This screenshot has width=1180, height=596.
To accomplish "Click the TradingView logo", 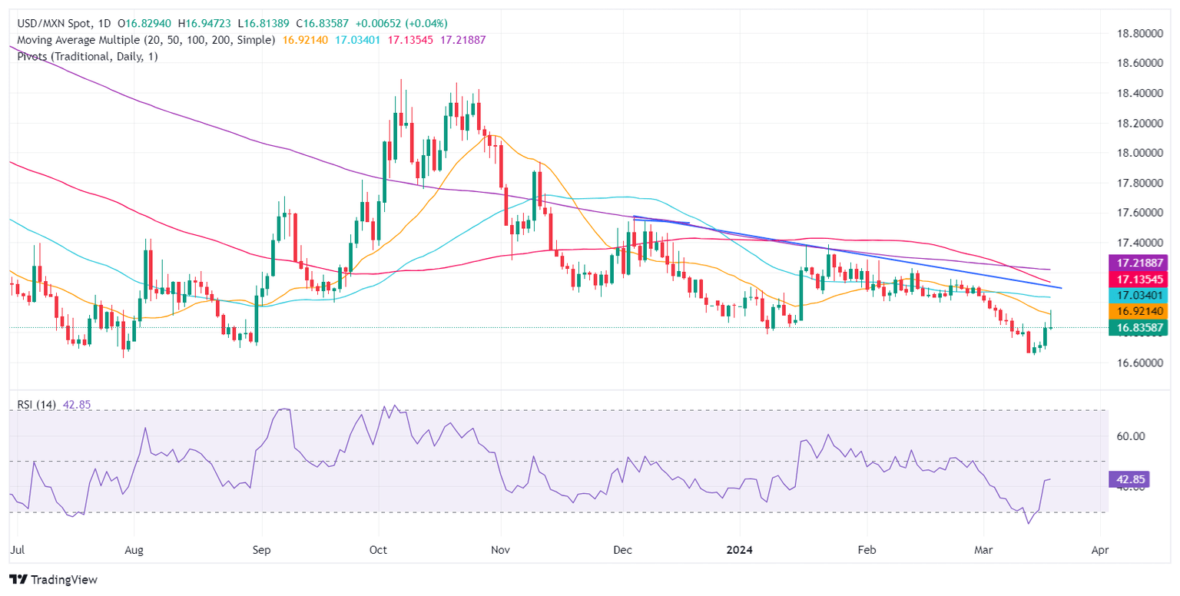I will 53,579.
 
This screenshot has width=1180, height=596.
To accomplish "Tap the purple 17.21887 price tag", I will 1137,262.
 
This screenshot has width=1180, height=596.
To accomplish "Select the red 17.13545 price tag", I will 1137,278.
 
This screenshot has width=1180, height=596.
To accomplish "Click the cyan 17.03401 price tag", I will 1137,295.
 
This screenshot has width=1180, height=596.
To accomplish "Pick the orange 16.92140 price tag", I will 1137,311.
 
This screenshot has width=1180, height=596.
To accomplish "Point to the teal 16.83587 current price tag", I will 1137,328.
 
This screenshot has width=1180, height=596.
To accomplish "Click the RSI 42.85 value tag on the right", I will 1131,480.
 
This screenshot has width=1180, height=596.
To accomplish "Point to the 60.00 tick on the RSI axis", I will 1133,436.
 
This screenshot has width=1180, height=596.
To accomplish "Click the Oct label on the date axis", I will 379,550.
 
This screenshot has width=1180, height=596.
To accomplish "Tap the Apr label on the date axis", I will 1100,550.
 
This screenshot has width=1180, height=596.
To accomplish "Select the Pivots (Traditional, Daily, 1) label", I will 83,56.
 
